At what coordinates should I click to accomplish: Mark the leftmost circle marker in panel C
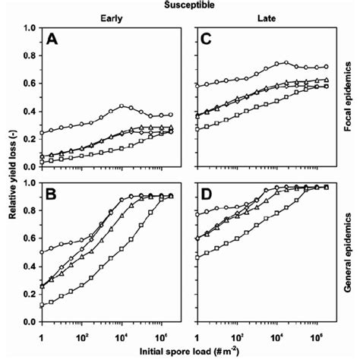point(198,86)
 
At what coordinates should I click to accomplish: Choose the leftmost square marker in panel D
point(198,257)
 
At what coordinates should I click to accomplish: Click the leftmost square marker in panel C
point(198,129)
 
